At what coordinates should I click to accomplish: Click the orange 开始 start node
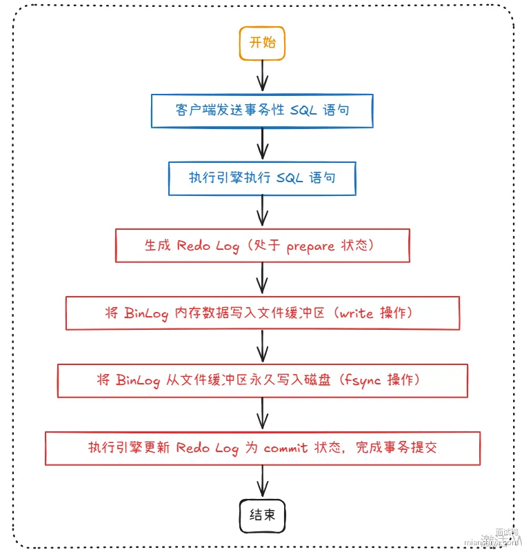[x=262, y=43]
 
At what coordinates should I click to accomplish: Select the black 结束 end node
[x=262, y=515]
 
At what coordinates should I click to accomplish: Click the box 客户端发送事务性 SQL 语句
[x=262, y=110]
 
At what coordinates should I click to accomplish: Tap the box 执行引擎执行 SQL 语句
[x=262, y=178]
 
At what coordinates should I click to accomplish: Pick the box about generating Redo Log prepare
[x=262, y=246]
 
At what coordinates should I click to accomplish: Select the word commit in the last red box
[x=285, y=447]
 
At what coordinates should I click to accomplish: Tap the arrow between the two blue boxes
[x=262, y=144]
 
